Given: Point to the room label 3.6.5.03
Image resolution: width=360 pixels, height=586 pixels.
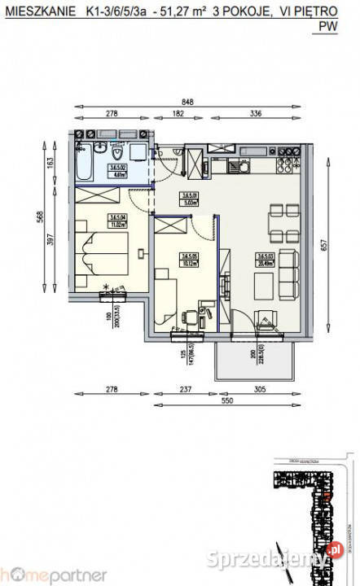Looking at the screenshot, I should pos(263,257).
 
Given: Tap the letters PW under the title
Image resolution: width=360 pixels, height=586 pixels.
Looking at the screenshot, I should pos(328,26).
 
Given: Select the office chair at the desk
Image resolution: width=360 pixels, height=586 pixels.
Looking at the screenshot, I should pos(189,317).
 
